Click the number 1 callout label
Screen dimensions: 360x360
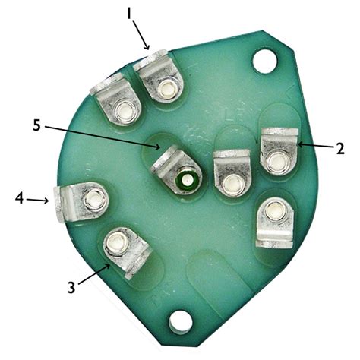point(129,14)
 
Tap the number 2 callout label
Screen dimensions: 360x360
point(340,148)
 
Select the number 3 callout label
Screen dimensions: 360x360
point(71,288)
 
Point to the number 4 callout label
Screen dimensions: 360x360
point(20,197)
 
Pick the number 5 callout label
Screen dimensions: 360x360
point(36,125)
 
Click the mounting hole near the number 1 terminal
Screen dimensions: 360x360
point(264,62)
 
